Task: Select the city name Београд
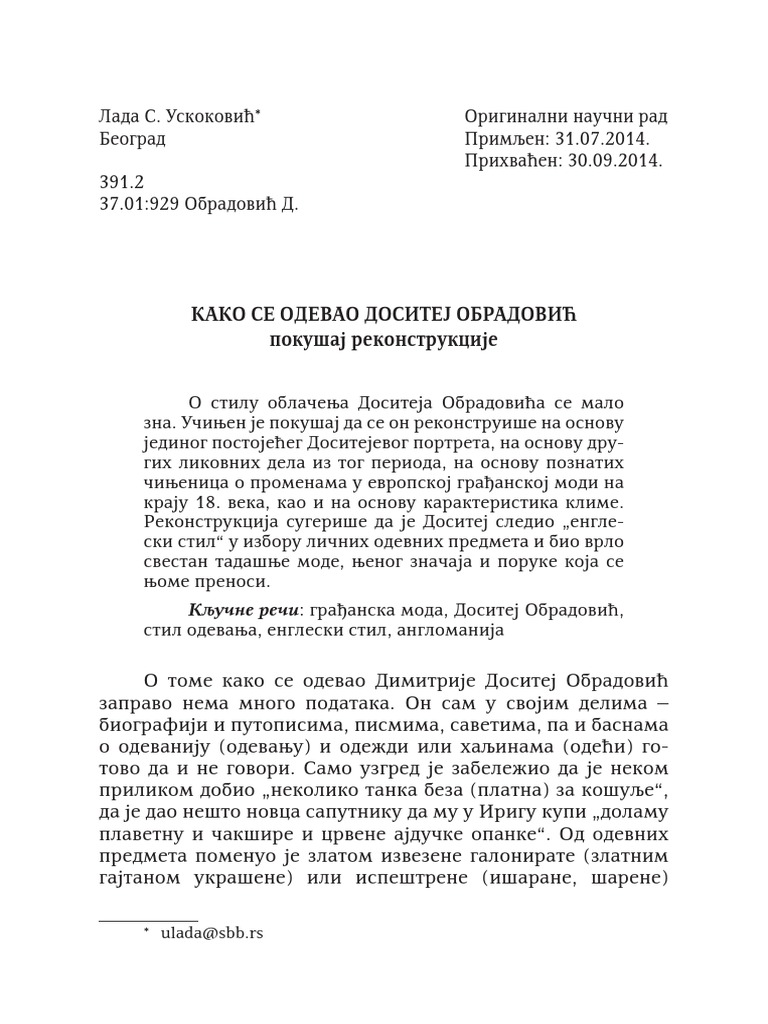tap(132, 139)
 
